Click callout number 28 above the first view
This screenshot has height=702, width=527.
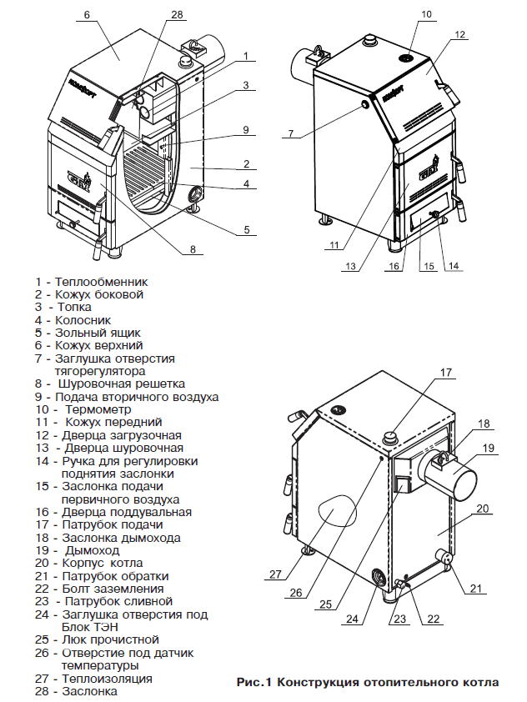tap(175, 15)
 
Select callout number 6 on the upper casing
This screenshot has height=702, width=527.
tap(87, 15)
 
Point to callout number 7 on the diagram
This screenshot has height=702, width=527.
tap(291, 133)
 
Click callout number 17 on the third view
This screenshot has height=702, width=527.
tap(445, 372)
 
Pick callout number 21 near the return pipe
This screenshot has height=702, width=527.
tap(476, 589)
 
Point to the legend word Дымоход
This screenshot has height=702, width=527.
tap(88, 550)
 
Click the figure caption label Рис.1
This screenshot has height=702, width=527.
tap(255, 683)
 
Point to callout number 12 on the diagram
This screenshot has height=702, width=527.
tap(459, 35)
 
